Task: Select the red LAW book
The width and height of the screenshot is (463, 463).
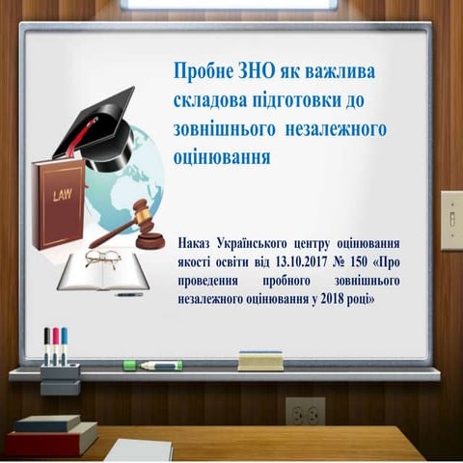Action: coord(58,203)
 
